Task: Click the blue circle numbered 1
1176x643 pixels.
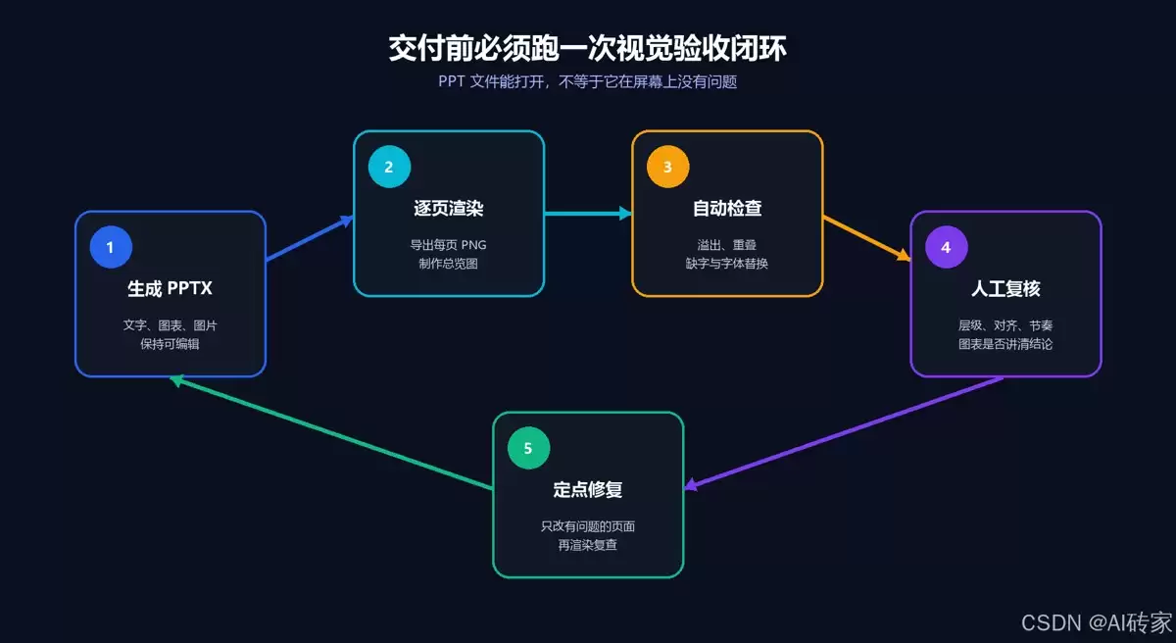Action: coord(111,247)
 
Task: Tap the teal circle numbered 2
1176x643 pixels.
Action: coord(389,167)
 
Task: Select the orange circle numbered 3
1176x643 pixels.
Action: coord(667,167)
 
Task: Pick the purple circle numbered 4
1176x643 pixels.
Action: coord(946,247)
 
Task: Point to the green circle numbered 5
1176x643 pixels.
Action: coord(528,448)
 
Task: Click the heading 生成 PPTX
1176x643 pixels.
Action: coord(171,289)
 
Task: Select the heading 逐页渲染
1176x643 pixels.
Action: coord(449,209)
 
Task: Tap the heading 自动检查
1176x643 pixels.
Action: coord(727,209)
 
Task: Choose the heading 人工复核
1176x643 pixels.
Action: coord(1005,289)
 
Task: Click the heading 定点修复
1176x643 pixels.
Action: coord(588,490)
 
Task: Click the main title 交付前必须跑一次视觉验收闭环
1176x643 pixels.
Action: coord(587,48)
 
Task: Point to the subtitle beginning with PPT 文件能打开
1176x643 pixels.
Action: coord(587,82)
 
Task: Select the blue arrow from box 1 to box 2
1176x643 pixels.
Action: coord(310,238)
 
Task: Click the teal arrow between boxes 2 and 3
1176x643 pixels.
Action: coord(589,213)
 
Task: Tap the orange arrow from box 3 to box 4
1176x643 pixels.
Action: coord(866,238)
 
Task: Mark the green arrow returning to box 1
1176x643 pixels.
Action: coord(332,432)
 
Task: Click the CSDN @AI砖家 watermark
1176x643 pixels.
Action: coord(1097,623)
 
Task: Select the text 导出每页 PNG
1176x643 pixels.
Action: coord(449,245)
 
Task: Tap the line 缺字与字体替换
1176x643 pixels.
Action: coord(727,264)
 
